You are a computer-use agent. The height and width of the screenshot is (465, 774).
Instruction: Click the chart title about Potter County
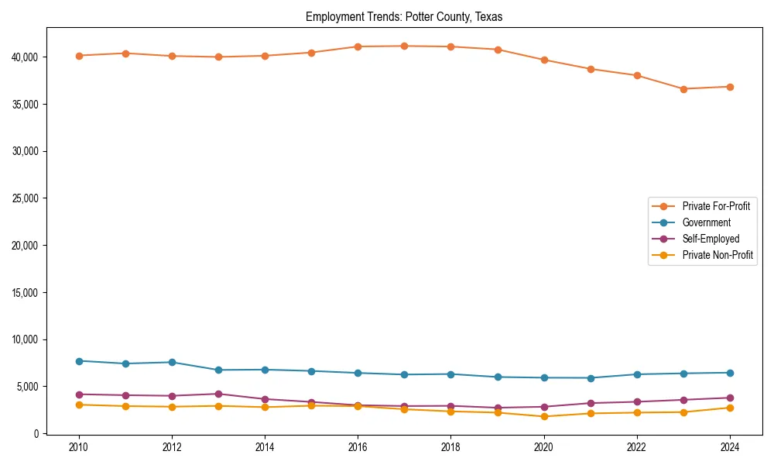point(404,17)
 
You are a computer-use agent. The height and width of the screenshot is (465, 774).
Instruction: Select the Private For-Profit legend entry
point(716,206)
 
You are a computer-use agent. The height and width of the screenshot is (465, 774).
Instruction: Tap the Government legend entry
point(706,222)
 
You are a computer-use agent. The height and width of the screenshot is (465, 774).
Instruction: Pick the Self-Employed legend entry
point(711,239)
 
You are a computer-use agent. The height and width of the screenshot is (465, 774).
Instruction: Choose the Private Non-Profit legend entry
point(717,255)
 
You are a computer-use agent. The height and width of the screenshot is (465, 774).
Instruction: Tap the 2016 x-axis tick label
point(358,447)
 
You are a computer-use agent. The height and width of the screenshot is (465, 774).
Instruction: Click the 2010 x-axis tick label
point(78,447)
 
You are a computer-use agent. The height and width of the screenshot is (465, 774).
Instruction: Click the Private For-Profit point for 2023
point(683,89)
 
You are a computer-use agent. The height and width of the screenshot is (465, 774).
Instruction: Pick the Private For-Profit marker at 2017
point(404,46)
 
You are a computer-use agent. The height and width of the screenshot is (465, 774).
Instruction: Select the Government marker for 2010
point(79,361)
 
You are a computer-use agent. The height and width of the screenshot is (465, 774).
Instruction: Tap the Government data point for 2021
point(591,378)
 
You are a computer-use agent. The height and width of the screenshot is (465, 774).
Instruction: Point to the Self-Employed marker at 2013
point(218,394)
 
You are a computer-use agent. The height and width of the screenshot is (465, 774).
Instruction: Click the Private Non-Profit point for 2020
point(544,416)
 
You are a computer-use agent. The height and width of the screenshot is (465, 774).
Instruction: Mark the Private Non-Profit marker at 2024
point(730,408)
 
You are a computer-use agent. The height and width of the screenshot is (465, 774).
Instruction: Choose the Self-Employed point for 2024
point(730,398)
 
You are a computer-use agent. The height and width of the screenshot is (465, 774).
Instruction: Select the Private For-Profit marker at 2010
point(79,56)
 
